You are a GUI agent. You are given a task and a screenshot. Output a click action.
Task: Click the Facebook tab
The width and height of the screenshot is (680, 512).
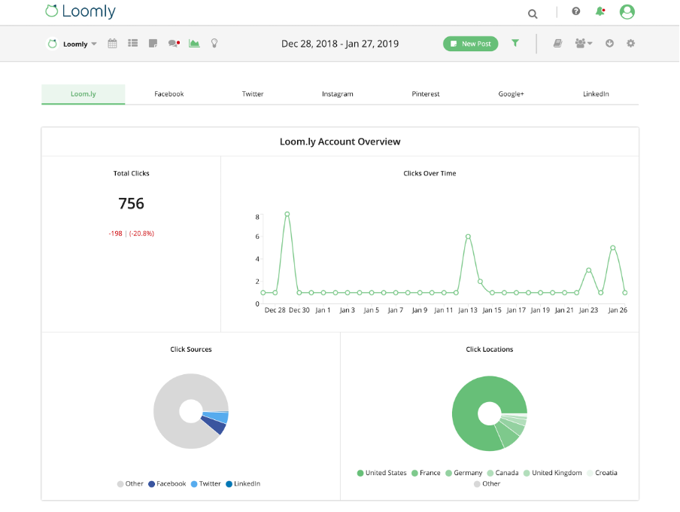(168, 94)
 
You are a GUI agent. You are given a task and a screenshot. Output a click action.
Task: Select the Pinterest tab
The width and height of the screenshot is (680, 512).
(426, 94)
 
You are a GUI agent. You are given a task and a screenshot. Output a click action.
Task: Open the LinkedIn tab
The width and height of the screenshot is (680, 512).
(596, 94)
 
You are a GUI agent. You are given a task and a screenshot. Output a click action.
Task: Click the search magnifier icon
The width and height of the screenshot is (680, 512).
(533, 13)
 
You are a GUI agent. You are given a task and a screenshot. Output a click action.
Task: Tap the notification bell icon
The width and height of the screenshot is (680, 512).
(600, 11)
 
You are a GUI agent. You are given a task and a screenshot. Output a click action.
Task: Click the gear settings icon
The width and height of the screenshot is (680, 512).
(630, 43)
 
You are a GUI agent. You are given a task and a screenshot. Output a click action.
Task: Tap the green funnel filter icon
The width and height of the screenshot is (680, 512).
(515, 43)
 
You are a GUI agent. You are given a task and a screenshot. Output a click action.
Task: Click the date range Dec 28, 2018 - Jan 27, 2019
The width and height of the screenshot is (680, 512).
(340, 44)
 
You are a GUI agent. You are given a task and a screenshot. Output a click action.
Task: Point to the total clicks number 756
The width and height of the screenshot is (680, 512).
(131, 203)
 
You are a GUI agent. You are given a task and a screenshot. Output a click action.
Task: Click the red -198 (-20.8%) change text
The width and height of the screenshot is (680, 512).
(131, 233)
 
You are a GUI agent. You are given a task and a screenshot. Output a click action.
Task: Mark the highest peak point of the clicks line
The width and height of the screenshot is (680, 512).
(287, 215)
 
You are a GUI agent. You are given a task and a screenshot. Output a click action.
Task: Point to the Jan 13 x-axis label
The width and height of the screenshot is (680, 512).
(468, 310)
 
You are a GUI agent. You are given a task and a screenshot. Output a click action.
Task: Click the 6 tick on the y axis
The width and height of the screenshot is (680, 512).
(257, 237)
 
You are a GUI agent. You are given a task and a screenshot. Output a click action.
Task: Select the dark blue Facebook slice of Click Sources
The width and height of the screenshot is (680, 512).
(217, 426)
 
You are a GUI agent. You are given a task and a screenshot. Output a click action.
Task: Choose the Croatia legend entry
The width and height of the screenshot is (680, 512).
(606, 473)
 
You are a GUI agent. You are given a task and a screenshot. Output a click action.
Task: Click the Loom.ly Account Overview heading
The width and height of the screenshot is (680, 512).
(340, 142)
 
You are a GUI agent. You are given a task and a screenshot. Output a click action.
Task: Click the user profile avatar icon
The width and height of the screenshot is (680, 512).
(627, 12)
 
